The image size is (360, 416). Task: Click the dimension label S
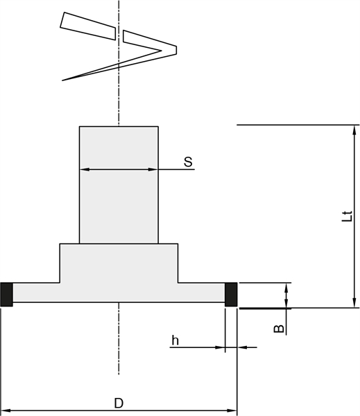[188, 162]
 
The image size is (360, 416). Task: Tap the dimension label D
[119, 403]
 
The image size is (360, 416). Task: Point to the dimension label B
[279, 329]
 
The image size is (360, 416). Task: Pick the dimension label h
[175, 340]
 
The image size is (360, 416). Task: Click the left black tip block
[6, 295]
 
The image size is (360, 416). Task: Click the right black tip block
[231, 295]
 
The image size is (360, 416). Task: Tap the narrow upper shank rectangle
[119, 185]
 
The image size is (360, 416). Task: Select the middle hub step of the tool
[119, 263]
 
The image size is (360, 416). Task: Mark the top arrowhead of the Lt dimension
[354, 130]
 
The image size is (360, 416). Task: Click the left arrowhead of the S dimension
[85, 169]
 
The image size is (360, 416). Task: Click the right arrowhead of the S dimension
[153, 169]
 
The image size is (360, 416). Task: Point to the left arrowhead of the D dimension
[6, 410]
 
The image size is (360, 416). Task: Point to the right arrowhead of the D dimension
[232, 410]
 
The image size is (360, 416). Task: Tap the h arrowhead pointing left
[242, 347]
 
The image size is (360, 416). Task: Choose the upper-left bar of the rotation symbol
[88, 26]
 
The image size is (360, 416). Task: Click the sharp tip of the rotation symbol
[62, 80]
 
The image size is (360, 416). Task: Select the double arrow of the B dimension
[286, 295]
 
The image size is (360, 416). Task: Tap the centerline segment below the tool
[119, 338]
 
